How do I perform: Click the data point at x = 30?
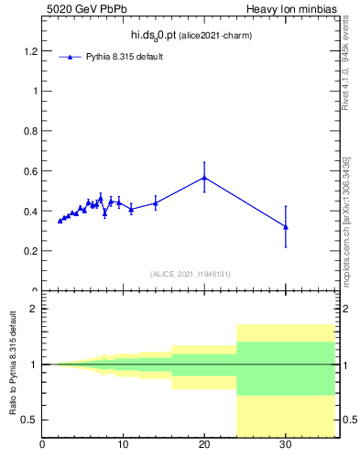[x=286, y=226]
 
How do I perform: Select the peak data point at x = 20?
[x=204, y=178]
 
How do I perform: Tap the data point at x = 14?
[x=156, y=203]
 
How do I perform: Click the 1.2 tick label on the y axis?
[x=28, y=50]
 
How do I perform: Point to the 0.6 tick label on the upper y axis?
[x=28, y=170]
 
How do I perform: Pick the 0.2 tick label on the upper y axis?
[x=28, y=251]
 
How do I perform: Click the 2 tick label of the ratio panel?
[x=33, y=309]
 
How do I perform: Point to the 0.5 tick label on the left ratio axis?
[x=28, y=420]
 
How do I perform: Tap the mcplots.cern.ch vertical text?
[x=345, y=215]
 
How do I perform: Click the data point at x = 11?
[x=131, y=209]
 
